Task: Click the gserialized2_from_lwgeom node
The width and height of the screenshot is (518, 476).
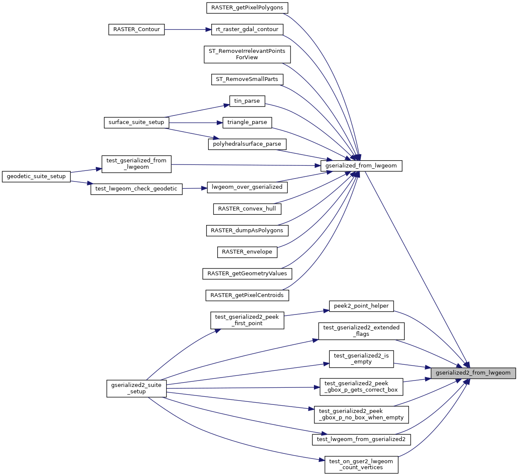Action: pos(473,373)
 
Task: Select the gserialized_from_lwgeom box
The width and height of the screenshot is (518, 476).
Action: pos(361,165)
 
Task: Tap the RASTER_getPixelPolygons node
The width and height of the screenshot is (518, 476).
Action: pos(247,8)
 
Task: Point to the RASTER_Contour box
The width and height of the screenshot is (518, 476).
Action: pos(136,29)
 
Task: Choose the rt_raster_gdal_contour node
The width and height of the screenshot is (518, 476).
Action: pos(247,29)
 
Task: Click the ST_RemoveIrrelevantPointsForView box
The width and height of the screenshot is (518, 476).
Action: pos(247,54)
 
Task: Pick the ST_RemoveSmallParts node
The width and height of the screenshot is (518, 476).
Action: pos(247,79)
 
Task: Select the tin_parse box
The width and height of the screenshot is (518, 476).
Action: pos(247,101)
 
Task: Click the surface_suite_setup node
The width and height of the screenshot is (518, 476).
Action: pos(136,122)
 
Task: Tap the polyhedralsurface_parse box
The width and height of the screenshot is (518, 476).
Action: pos(247,144)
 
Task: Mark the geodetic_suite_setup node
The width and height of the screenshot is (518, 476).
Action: pos(36,176)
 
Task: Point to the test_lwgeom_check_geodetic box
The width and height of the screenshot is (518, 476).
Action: pos(136,189)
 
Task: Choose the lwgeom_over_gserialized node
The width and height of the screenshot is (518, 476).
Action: pos(247,187)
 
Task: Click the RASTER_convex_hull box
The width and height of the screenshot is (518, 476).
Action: pos(247,209)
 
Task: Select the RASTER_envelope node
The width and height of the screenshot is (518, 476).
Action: pos(247,252)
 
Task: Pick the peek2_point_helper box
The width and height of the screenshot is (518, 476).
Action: pos(361,306)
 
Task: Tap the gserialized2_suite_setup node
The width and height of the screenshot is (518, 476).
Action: pos(136,388)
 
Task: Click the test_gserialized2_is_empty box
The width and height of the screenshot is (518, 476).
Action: pos(361,359)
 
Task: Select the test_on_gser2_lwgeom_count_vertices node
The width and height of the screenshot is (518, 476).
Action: pos(361,464)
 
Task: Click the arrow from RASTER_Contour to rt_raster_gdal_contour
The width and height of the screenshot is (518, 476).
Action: pos(187,29)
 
